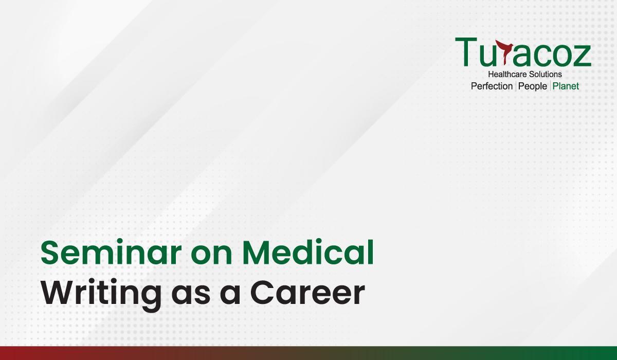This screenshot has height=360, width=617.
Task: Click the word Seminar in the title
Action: pos(111,253)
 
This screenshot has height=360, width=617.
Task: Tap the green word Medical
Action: pos(308,252)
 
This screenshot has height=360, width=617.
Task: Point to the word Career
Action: pos(307,293)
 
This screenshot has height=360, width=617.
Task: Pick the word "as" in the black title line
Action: pos(190,296)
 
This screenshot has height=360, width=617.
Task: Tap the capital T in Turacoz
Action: pos(466,51)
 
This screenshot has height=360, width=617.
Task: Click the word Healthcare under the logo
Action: pos(505,75)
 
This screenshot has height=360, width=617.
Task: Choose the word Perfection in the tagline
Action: pos(492,86)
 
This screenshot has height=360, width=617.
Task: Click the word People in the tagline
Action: pos(533,86)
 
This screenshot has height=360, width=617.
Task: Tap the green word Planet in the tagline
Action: pos(566,86)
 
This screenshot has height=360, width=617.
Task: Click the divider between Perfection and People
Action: pos(515,86)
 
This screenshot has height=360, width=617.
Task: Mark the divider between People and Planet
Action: pos(550,86)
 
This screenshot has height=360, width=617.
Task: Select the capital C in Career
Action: pos(262,293)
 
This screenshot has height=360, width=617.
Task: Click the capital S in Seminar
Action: pos(50,253)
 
